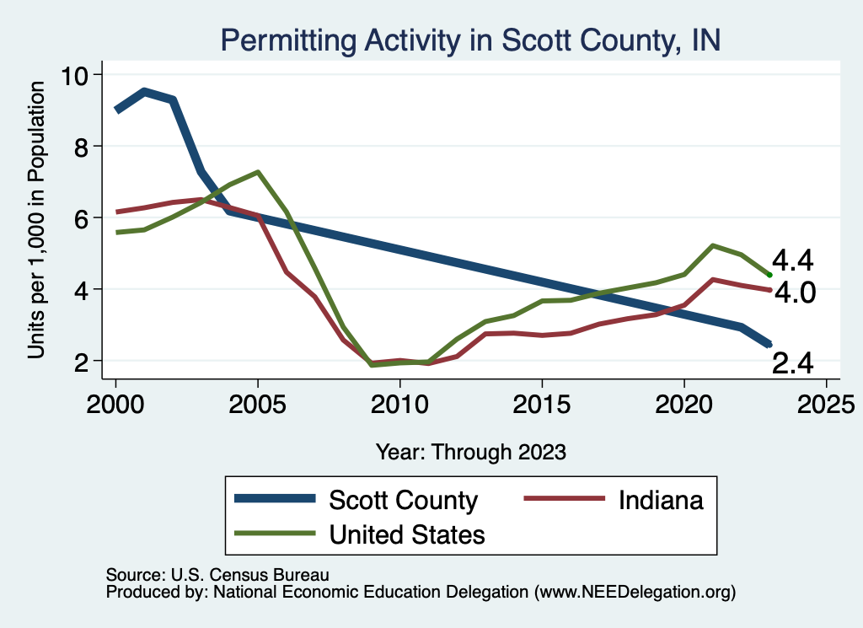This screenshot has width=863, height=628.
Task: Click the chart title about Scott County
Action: [x=469, y=40]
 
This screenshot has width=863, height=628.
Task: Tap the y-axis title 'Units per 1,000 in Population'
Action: [x=36, y=222]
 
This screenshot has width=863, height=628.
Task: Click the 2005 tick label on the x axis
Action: [x=257, y=399]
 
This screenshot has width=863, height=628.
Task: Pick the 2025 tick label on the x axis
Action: [x=826, y=399]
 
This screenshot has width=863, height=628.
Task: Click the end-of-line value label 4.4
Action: [x=793, y=260]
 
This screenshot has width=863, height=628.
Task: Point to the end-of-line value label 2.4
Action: [x=793, y=362]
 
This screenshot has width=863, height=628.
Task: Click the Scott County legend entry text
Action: [x=403, y=500]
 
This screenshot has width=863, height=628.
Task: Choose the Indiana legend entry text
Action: [x=661, y=500]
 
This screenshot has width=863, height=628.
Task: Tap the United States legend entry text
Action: [x=407, y=534]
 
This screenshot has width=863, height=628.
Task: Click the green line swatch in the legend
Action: [x=275, y=534]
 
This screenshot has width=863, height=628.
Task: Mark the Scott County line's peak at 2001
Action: [x=144, y=91]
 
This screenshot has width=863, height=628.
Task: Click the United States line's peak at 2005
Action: [x=257, y=172]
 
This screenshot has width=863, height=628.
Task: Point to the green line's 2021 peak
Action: [x=713, y=245]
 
